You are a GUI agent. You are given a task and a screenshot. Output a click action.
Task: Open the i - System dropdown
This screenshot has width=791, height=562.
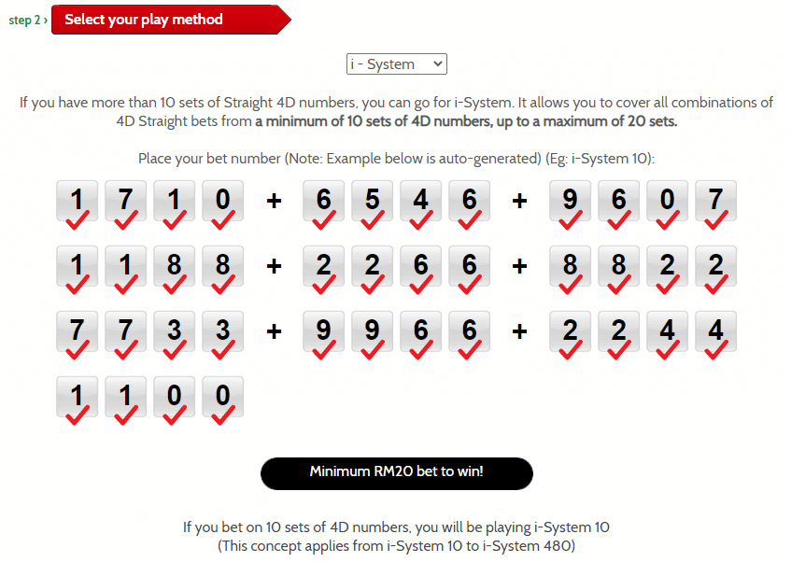[397, 64]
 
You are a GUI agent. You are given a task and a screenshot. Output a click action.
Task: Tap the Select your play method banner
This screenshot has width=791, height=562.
[172, 20]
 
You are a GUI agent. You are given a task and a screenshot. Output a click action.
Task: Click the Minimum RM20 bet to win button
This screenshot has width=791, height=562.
[397, 473]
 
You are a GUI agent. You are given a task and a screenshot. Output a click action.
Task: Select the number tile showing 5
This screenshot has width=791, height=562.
[372, 201]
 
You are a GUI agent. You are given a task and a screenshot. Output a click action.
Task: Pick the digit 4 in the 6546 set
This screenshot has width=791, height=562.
[420, 201]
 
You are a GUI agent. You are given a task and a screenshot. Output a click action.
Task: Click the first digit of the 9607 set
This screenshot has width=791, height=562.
[570, 201]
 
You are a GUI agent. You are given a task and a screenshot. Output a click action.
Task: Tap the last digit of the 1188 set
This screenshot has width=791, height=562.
[222, 266]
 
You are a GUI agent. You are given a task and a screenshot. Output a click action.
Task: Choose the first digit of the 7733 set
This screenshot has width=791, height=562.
[77, 331]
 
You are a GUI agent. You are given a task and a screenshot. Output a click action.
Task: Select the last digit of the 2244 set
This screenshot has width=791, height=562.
[715, 331]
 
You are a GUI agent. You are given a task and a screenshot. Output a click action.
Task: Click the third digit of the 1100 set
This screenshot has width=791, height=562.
[174, 397]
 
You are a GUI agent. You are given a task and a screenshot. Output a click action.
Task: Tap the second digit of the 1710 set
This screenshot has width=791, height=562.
[125, 201]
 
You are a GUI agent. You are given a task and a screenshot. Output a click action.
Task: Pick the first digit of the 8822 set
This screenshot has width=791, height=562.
[570, 266]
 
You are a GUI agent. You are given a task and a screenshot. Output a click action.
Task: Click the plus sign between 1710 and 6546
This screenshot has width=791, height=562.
[274, 201]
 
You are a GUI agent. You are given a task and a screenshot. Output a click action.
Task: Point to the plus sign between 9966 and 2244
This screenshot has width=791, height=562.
[519, 331]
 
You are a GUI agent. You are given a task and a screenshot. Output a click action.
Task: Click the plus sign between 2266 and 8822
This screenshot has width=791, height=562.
[519, 266]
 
